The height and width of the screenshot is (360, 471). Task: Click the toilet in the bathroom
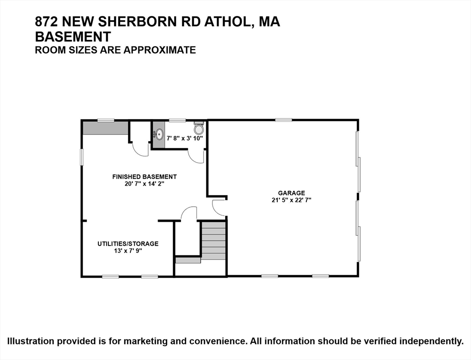[x=198, y=127]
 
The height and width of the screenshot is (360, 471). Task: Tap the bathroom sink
[x=158, y=134]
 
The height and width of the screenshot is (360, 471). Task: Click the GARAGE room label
[x=291, y=193]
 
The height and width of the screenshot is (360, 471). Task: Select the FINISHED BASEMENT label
[x=144, y=177]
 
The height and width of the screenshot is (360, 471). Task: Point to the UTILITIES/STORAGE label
[x=128, y=244]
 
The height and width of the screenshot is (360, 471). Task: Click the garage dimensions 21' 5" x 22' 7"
[x=291, y=200]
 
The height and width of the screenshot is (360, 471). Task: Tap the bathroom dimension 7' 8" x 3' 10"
[x=185, y=138]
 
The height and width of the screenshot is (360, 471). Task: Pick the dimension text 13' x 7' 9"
[x=128, y=251]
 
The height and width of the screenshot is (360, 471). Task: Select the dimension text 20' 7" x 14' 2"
[x=144, y=184]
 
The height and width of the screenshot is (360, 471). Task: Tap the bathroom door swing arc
[x=197, y=156]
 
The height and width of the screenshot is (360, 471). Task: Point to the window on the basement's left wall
[x=82, y=157]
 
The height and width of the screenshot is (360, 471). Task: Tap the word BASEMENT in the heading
[x=73, y=37]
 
